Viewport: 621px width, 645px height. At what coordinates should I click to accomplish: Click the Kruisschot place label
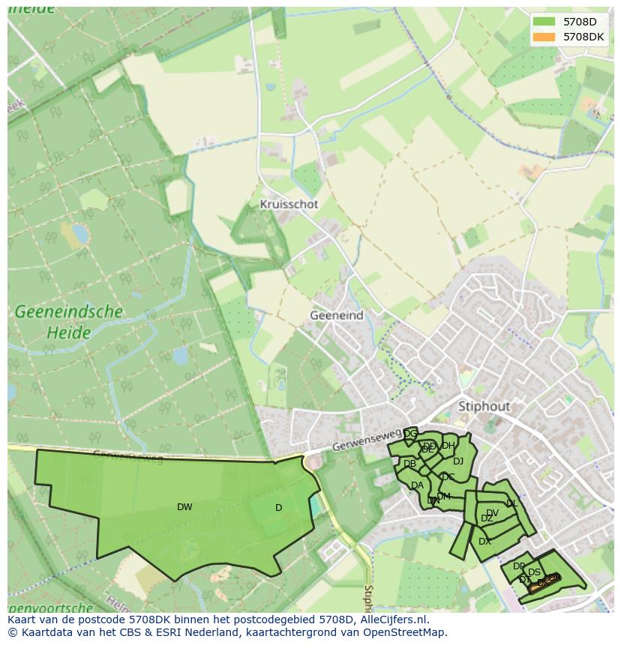[x=289, y=204]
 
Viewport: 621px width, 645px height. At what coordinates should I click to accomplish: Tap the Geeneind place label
[x=336, y=315]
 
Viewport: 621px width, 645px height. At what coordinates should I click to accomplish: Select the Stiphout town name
[x=484, y=406]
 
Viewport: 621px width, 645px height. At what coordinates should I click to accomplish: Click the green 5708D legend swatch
[x=544, y=22]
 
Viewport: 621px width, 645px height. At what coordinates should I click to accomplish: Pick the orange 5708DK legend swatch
[x=544, y=37]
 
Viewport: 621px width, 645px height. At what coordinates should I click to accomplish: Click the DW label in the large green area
[x=184, y=507]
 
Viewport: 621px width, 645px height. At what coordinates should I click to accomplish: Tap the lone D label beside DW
[x=278, y=508]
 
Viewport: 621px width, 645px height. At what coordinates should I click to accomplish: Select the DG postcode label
[x=410, y=434]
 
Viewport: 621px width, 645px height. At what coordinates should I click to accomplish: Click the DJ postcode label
[x=457, y=461]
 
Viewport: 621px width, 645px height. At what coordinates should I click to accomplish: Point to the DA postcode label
[x=417, y=485]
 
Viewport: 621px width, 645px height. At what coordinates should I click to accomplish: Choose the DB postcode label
[x=409, y=464]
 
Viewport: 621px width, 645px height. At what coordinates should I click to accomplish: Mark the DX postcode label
[x=484, y=541]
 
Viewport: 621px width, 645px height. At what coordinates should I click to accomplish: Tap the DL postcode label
[x=511, y=504]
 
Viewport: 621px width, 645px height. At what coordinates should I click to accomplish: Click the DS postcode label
[x=534, y=572]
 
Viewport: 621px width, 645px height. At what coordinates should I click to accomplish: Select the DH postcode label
[x=448, y=446]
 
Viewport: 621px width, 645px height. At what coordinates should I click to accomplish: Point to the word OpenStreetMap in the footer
[x=404, y=632]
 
